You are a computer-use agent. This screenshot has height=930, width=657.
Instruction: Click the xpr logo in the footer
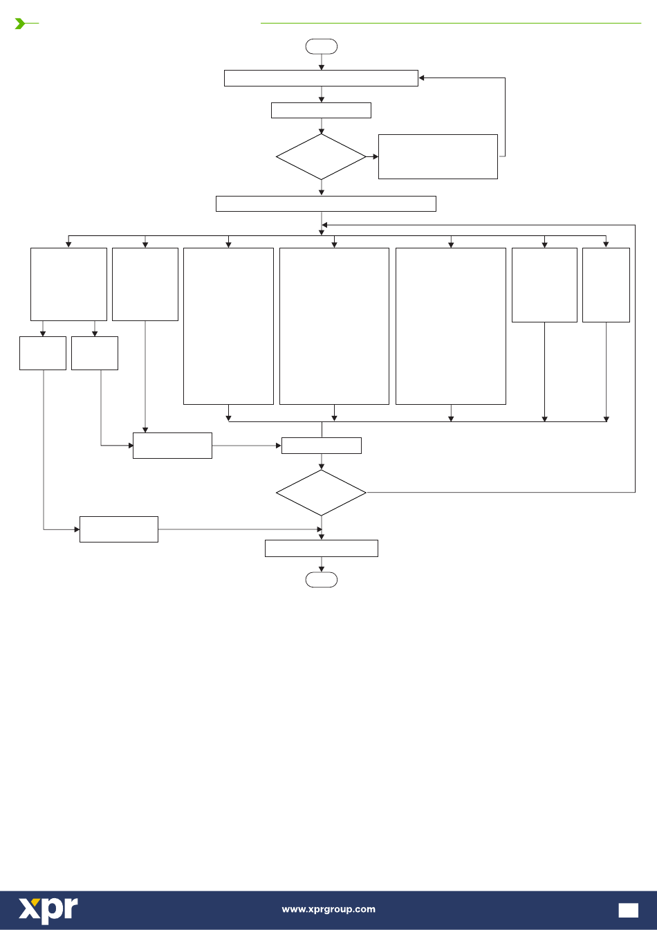tap(48, 911)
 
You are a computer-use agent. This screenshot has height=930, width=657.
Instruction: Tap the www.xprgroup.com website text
tap(328, 909)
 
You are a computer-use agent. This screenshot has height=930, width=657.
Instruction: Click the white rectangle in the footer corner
tap(629, 911)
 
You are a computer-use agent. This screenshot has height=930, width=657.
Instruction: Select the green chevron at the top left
tap(19, 24)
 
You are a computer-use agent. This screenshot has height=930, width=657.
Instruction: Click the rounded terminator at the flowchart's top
tap(321, 46)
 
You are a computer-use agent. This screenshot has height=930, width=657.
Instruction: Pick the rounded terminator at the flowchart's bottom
tap(321, 580)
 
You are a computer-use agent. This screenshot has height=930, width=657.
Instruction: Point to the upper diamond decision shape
tap(321, 156)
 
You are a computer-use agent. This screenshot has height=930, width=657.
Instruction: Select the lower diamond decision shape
tap(321, 493)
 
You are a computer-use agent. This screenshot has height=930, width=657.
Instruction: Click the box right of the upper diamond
tap(438, 156)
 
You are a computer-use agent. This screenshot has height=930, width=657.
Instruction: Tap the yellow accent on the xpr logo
tap(36, 902)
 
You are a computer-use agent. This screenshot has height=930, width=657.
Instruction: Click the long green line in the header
tap(451, 24)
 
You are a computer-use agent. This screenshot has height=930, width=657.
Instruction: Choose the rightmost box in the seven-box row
tap(606, 285)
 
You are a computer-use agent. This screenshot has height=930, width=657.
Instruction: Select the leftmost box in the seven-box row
tap(68, 284)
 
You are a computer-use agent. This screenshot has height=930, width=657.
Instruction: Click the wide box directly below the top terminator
tap(321, 78)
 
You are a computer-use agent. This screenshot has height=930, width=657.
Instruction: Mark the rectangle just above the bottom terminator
tap(321, 548)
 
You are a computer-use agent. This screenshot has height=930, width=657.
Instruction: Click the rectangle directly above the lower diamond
tap(321, 446)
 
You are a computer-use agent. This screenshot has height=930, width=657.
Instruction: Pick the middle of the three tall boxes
tap(334, 326)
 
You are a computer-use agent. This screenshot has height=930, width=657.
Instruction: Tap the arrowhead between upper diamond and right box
tap(376, 156)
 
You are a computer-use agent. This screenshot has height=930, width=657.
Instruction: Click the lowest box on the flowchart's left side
tap(119, 529)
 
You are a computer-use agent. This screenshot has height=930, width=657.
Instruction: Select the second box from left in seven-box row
tap(145, 284)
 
